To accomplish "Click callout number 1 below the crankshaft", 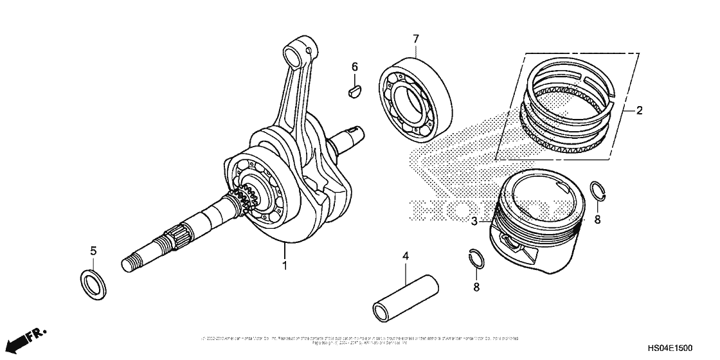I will pos(284,264).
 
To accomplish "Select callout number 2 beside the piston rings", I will pos(640,111).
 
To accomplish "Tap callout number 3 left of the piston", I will pos(474,222).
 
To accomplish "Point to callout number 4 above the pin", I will pos(406,256).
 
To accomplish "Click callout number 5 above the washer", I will pos(93,250).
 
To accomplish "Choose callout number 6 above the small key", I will pos(354,67).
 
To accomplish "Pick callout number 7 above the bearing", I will pos(416,39).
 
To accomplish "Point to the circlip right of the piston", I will pos(598,191).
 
